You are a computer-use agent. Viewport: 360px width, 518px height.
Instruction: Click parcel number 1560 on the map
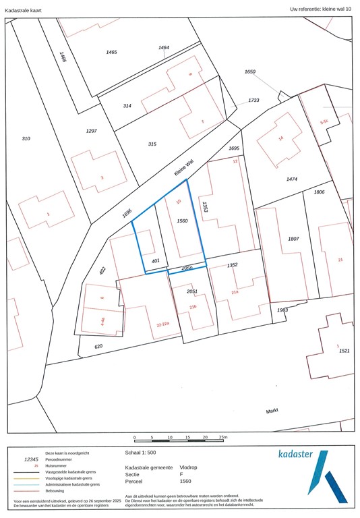181,221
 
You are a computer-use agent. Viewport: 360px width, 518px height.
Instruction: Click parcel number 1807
293,239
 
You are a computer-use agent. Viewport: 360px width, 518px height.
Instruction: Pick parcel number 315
152,144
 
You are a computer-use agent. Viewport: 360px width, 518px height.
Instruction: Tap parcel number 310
26,138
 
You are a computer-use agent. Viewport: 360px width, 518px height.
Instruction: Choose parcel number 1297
92,131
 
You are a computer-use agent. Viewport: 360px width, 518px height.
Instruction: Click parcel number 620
98,346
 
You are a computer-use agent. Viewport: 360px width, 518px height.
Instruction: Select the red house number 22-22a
162,324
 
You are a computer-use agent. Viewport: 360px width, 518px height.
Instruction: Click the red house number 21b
193,307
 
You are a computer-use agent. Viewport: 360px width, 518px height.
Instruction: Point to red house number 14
281,138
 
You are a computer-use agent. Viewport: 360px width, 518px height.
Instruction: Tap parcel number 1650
250,71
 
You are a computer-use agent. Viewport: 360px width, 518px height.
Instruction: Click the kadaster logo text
295,454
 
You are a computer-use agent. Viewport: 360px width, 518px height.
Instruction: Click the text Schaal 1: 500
141,453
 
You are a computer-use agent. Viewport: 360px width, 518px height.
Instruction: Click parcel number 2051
192,291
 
